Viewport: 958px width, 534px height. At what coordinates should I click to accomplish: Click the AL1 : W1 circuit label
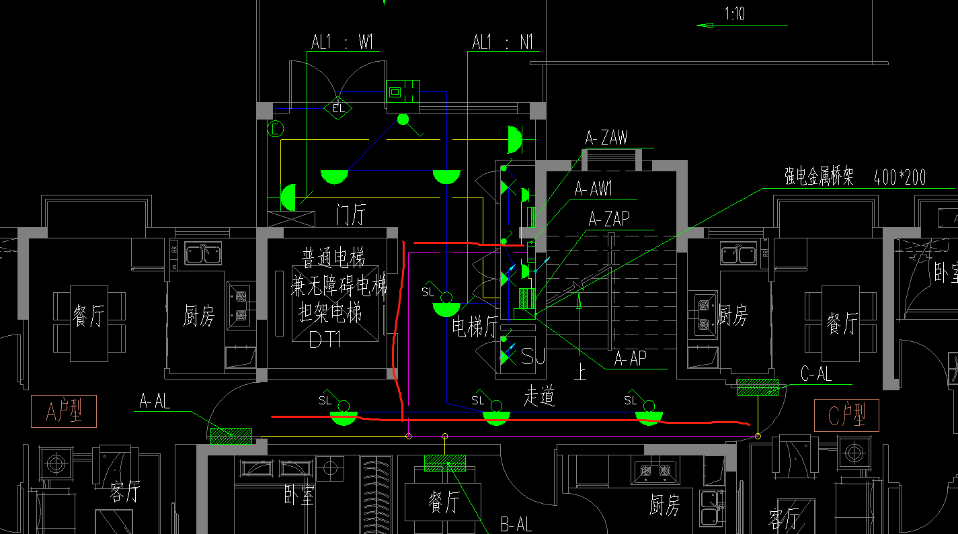click(x=342, y=42)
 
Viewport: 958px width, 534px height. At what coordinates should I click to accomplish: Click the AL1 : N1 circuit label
click(x=502, y=43)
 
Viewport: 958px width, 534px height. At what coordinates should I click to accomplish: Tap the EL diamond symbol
click(x=337, y=107)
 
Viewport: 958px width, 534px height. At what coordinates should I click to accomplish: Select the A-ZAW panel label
click(x=606, y=138)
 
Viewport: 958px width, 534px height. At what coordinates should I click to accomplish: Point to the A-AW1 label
click(x=593, y=189)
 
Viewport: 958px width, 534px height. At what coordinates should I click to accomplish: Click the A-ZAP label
click(x=609, y=219)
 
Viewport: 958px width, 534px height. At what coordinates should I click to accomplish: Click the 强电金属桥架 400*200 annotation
click(x=854, y=177)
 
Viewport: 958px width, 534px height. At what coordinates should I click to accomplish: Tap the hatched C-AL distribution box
click(x=758, y=387)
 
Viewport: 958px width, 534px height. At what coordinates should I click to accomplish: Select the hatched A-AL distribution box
click(x=231, y=436)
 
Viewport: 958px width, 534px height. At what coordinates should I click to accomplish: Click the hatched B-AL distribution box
click(x=444, y=463)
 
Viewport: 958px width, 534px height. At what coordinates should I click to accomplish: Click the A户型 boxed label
click(x=64, y=412)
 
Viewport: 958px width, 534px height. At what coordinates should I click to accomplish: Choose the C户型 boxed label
click(x=846, y=415)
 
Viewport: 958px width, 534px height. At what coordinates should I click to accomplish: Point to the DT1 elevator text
click(x=325, y=340)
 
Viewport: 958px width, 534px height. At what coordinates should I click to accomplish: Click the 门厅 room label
click(x=350, y=216)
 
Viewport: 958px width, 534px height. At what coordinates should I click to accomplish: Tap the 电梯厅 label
click(x=474, y=328)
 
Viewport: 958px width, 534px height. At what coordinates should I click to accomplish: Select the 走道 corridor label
click(x=539, y=397)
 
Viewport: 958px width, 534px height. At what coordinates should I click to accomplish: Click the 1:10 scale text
click(x=734, y=13)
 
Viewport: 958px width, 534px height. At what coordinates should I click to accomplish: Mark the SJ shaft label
click(x=533, y=357)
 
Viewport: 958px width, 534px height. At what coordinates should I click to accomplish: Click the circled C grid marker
click(x=276, y=128)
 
